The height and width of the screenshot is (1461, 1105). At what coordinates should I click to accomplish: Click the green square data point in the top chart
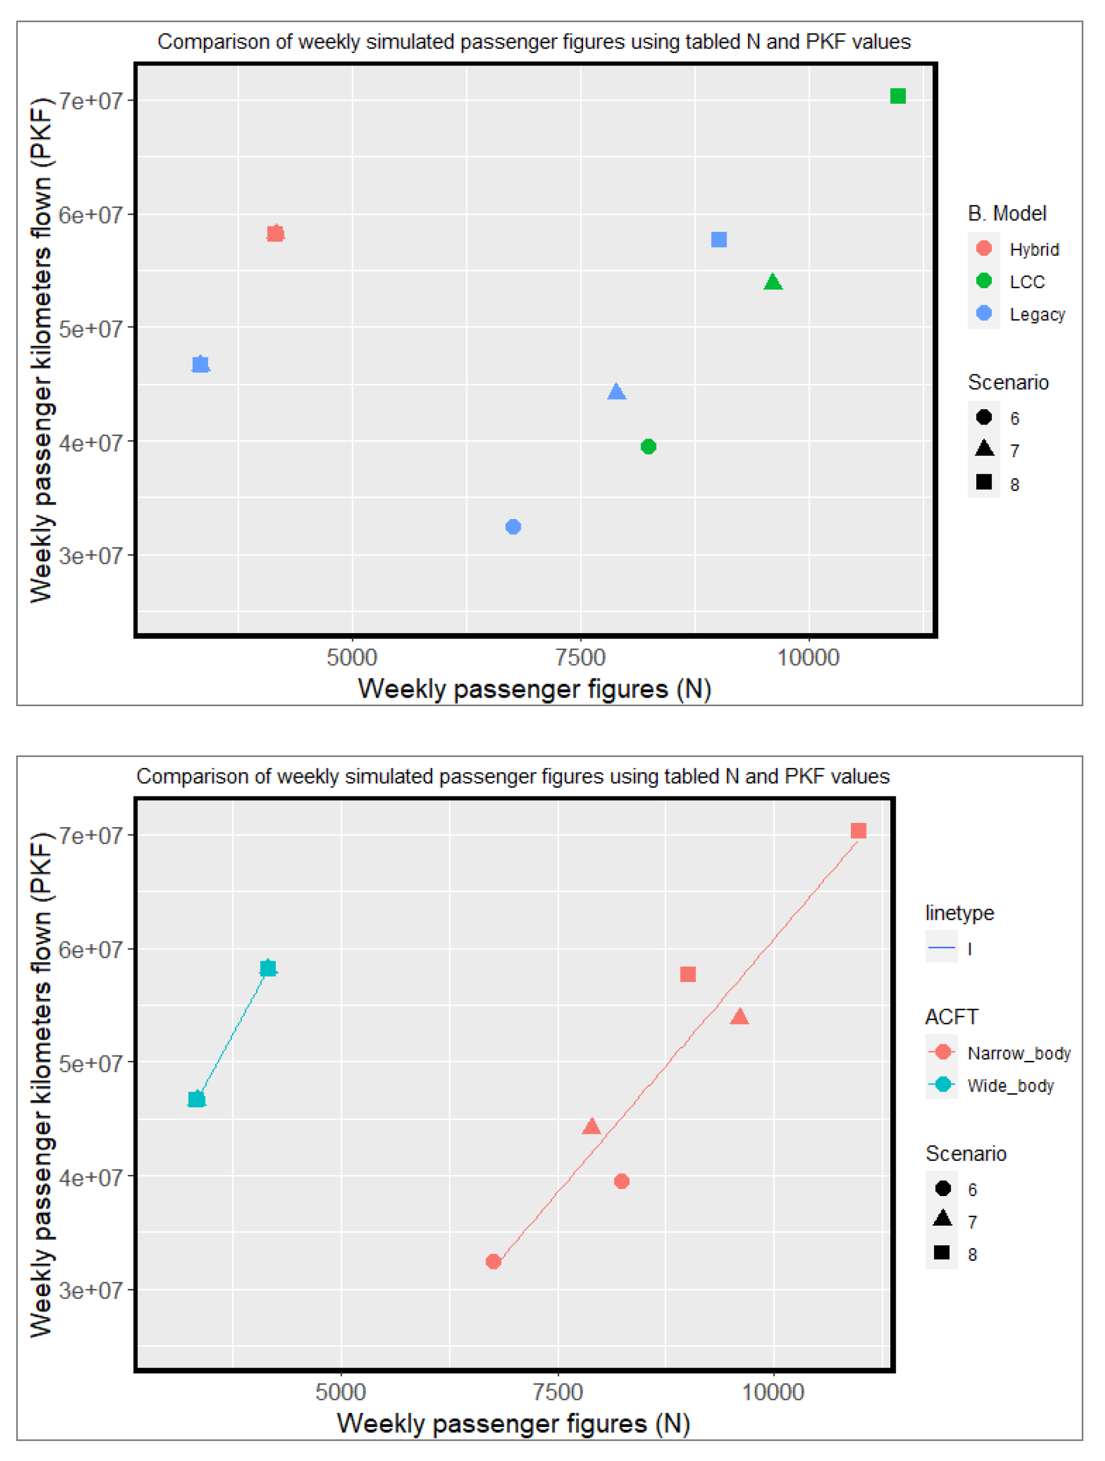coord(898,96)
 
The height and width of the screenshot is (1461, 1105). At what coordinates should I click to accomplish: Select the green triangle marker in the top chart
coord(773,282)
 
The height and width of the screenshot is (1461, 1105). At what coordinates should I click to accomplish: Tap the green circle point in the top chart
coord(649,447)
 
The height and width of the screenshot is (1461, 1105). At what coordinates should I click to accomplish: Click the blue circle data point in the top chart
coord(513,527)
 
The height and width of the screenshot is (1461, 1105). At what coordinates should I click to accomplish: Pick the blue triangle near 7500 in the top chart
coord(616,391)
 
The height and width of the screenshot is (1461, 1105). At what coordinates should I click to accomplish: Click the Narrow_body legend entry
coord(998,1053)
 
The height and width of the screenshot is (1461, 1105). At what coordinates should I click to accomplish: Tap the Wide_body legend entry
coord(990,1085)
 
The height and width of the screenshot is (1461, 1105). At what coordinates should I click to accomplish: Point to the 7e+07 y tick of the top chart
coord(91,101)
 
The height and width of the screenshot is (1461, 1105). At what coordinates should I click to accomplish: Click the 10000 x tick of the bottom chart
coord(773,1392)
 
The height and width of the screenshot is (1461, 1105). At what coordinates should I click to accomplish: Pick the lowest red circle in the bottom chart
coord(493,1261)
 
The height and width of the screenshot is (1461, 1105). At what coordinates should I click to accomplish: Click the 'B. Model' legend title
coord(1007,214)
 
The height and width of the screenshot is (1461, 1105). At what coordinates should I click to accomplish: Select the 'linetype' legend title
coord(959,913)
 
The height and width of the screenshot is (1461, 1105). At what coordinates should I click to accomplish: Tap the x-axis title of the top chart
coord(534,689)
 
